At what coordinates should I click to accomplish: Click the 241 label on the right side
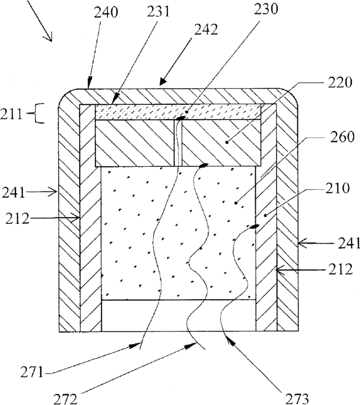pos(345,242)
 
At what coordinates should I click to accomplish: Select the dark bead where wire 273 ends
pos(254,227)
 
